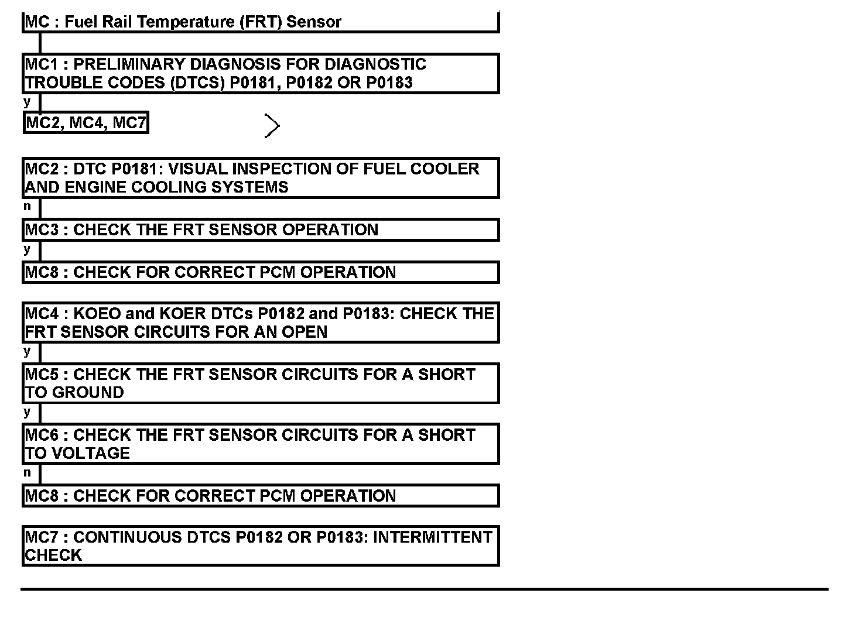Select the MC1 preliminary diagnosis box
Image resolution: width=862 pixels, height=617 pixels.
pyautogui.click(x=261, y=74)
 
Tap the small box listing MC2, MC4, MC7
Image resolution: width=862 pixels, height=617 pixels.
pyautogui.click(x=85, y=123)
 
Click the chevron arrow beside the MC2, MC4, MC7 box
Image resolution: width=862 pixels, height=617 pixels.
pyautogui.click(x=272, y=126)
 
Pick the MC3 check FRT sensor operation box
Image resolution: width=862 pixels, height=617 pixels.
pyautogui.click(x=261, y=229)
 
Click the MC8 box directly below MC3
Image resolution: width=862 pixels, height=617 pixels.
pyautogui.click(x=261, y=272)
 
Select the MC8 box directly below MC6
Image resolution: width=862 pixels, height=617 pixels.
pyautogui.click(x=261, y=496)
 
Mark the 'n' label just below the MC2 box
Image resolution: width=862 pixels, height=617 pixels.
pyautogui.click(x=27, y=207)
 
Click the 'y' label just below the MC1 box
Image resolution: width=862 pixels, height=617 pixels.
pyautogui.click(x=27, y=102)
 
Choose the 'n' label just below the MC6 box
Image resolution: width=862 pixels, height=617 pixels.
pyautogui.click(x=27, y=473)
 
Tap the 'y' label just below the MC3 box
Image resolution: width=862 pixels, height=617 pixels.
pyautogui.click(x=27, y=250)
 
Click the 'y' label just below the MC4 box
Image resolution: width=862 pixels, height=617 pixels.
pyautogui.click(x=27, y=352)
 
